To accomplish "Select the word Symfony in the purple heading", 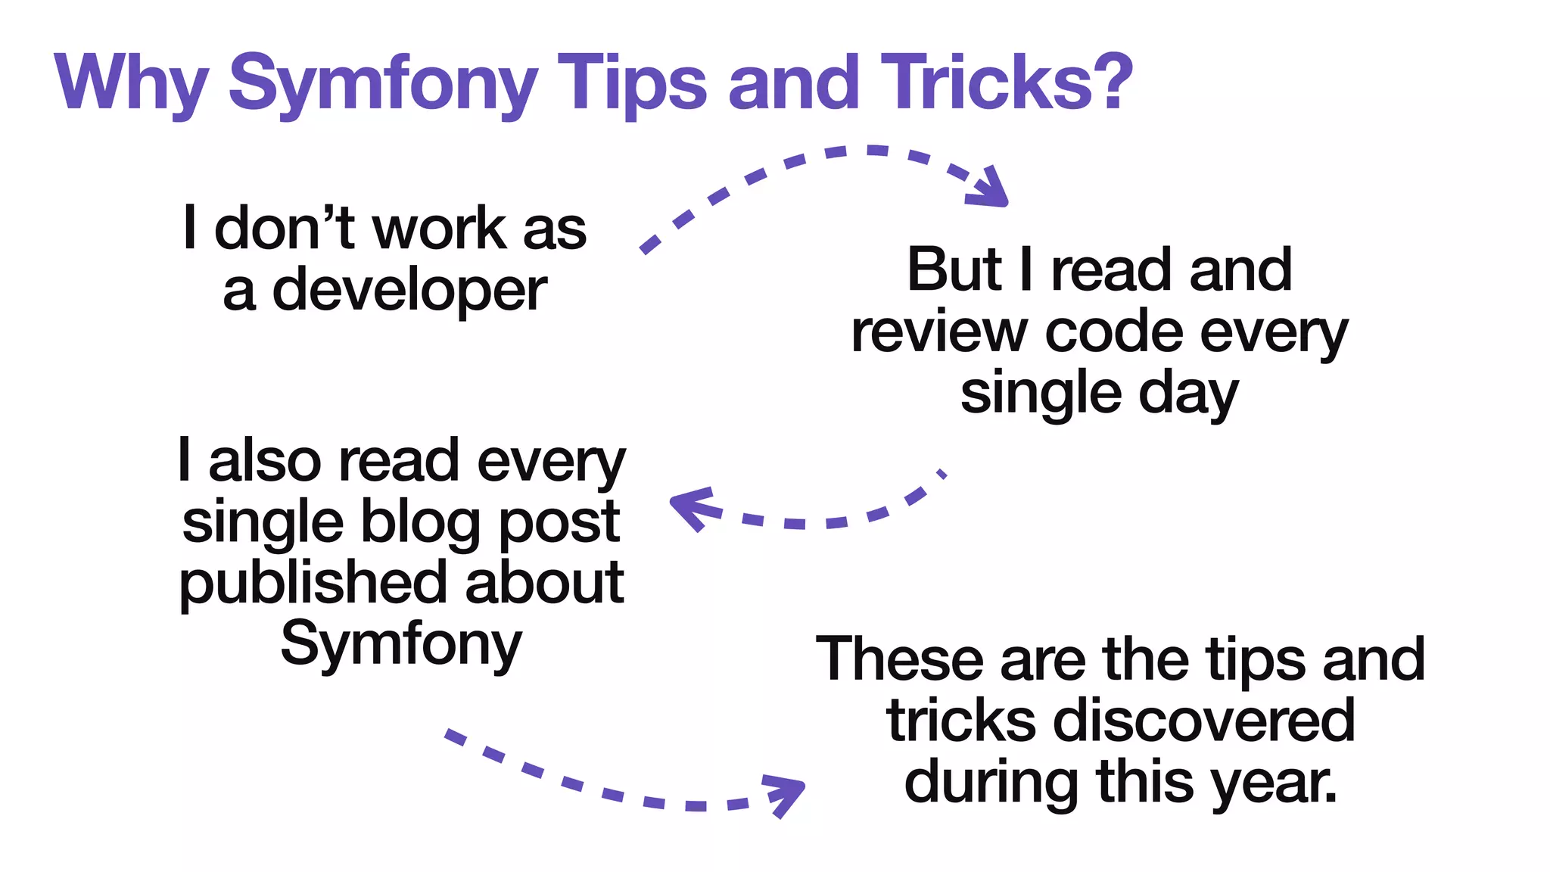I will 383,85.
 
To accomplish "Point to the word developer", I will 409,291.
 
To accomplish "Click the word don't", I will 285,229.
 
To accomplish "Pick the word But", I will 954,269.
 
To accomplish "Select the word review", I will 938,332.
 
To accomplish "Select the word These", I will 900,659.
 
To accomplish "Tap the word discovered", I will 1203,721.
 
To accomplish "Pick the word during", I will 991,783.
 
